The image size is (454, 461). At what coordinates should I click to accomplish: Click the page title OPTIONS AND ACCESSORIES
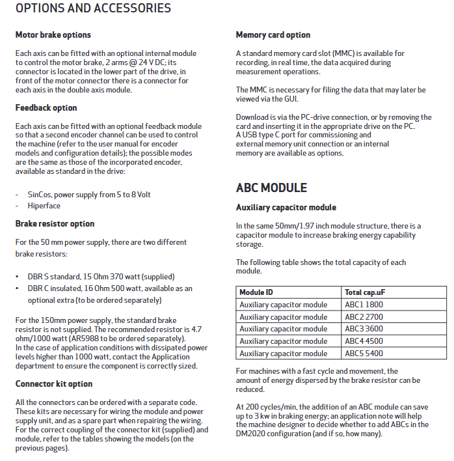point(93,9)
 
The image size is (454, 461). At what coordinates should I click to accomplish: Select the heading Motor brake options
point(53,35)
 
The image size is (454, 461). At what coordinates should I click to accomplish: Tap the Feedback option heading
point(46,108)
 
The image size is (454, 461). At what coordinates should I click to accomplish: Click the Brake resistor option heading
point(55,224)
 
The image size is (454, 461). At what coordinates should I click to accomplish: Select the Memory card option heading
point(273,35)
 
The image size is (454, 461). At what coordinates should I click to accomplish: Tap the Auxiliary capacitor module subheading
point(286,208)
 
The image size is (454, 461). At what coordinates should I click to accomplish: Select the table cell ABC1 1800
point(364,305)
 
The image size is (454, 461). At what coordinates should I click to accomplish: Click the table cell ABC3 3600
point(364,329)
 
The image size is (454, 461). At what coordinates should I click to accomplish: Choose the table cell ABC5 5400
point(364,354)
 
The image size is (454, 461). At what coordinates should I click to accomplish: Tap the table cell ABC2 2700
point(364,317)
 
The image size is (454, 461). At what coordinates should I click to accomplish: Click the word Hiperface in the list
point(44,206)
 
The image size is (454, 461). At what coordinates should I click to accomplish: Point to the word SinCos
point(40,195)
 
